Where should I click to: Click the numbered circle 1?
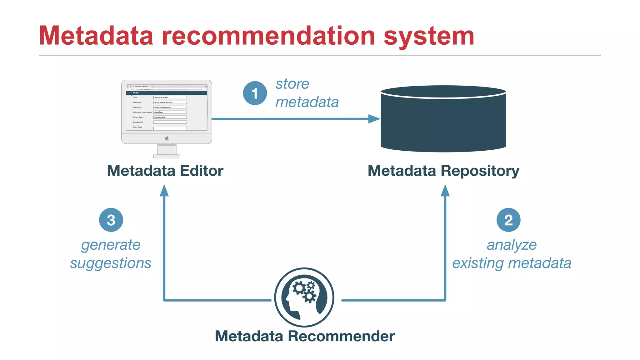[x=255, y=93]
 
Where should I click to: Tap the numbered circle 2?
[x=508, y=220]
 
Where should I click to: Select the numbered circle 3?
[x=111, y=220]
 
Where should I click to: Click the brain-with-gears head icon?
[x=304, y=297]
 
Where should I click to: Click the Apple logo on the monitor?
[x=167, y=138]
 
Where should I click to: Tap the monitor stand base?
[x=167, y=156]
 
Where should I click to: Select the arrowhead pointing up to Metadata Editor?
[x=164, y=190]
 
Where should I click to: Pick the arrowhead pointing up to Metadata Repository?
[x=445, y=190]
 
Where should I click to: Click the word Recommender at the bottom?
[x=341, y=336]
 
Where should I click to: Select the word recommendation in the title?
[x=268, y=36]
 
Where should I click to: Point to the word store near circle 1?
[x=292, y=84]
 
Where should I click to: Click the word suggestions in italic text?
[x=111, y=263]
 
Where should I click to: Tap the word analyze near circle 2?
[x=512, y=245]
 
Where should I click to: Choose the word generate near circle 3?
[x=111, y=245]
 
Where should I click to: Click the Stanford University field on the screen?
[x=170, y=107]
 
